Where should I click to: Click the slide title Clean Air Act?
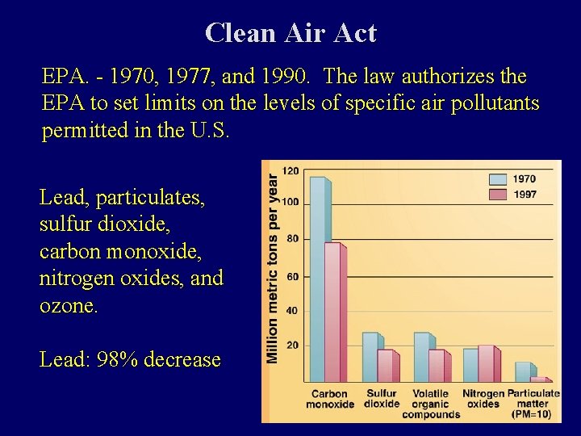pos(290,33)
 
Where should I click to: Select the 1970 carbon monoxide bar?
pos(319,279)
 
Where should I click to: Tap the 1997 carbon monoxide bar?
pos(332,311)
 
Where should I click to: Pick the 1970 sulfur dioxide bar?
pos(370,356)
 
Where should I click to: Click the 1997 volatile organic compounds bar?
pos(436,365)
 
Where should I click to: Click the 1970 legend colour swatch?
pos(499,179)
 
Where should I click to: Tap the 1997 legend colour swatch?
pos(499,195)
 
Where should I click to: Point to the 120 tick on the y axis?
pos(290,170)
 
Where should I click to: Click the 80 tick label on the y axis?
pos(292,239)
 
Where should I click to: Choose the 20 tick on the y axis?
pos(292,346)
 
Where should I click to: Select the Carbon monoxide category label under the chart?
pos(329,400)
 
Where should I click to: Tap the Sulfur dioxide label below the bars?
pos(382,399)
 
